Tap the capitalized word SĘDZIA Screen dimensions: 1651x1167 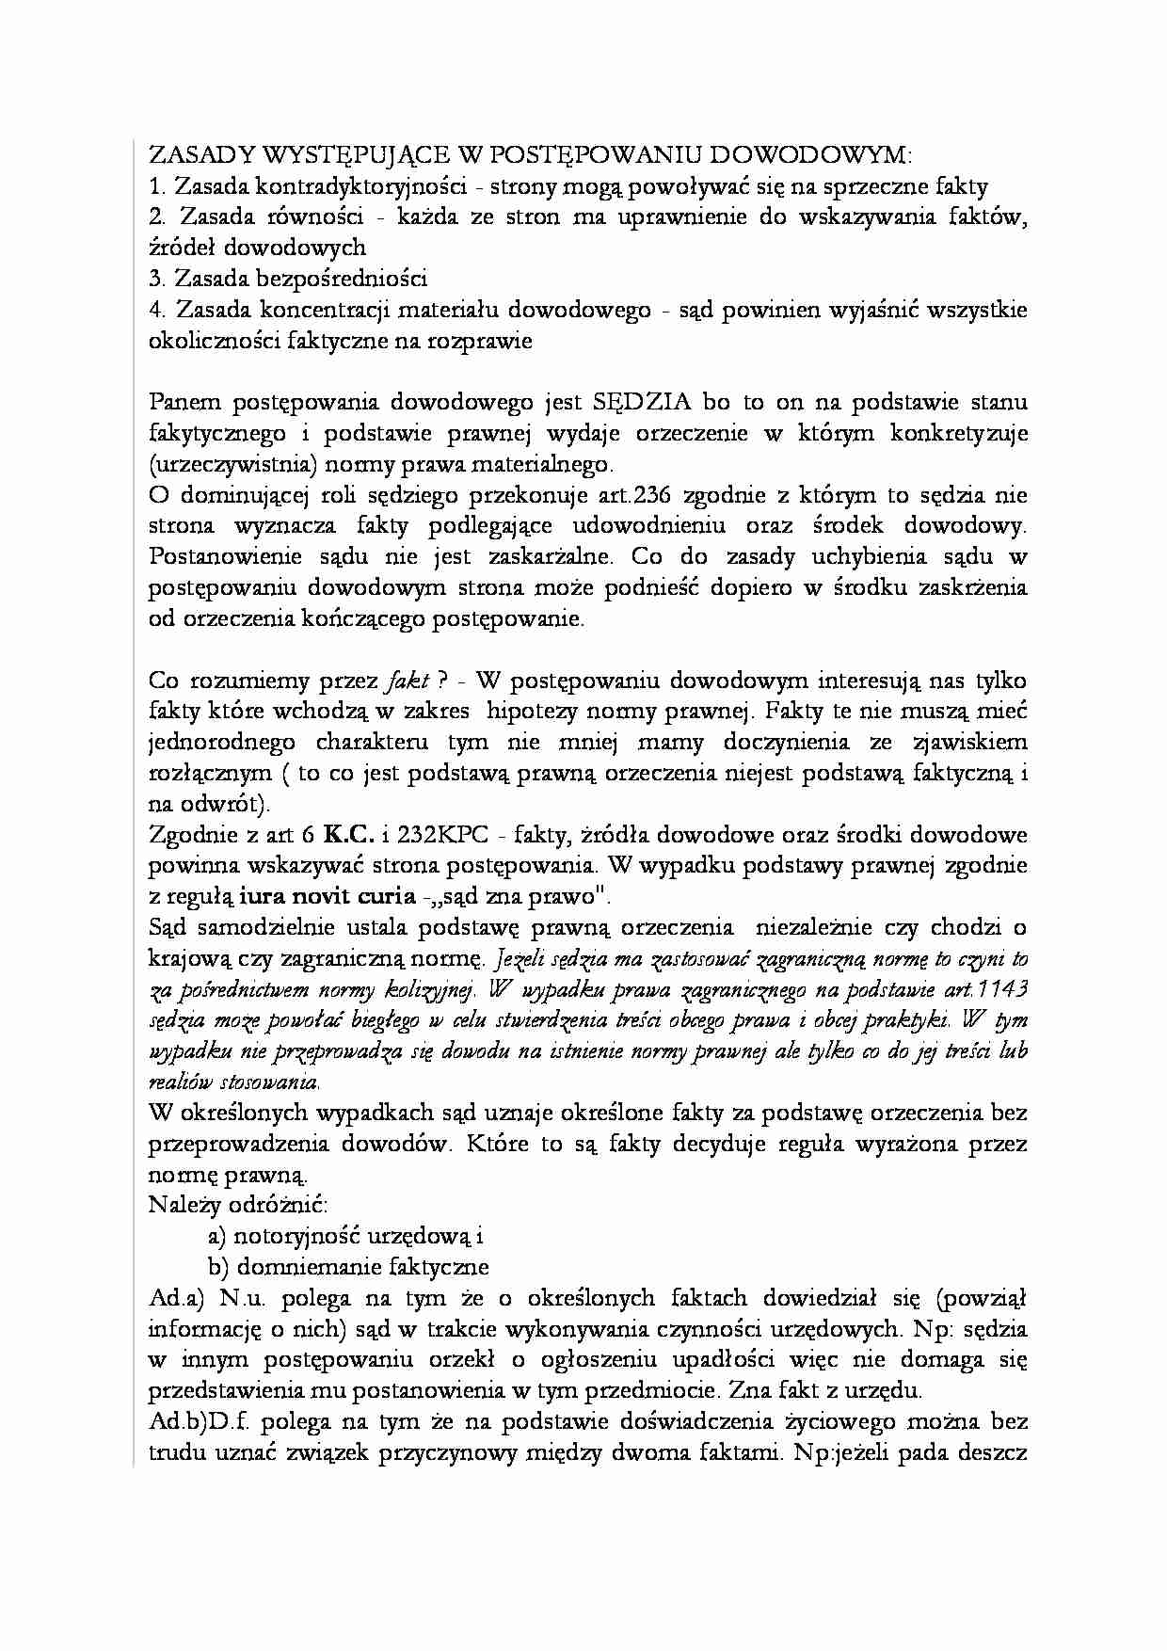tap(642, 402)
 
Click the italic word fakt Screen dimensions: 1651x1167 tap(408, 681)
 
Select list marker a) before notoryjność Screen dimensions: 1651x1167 tap(216, 1236)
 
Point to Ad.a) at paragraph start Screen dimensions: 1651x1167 tap(176, 1298)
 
